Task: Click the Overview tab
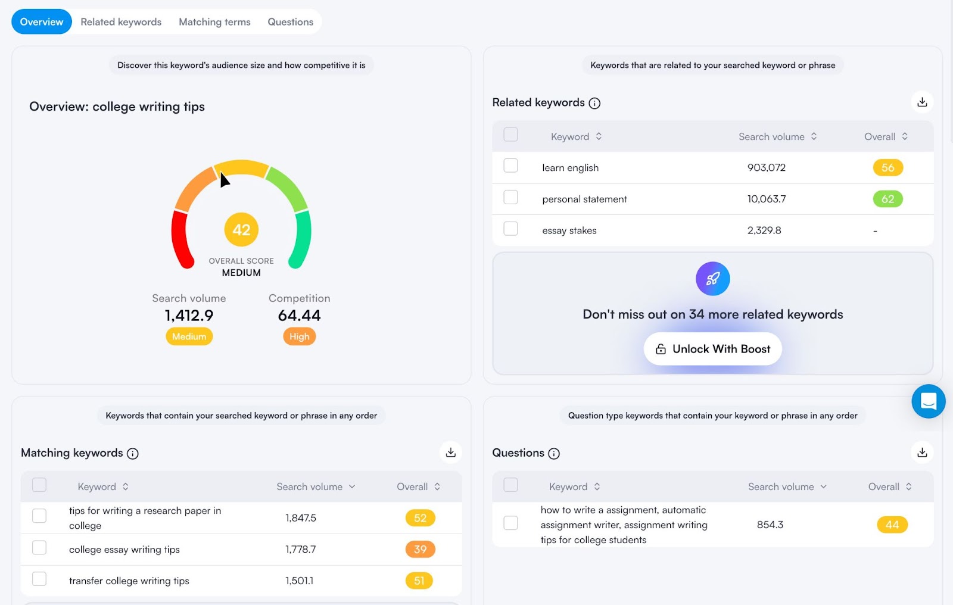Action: click(x=42, y=22)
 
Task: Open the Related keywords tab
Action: click(x=121, y=22)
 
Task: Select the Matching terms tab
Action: click(x=214, y=22)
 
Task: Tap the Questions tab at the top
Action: click(x=290, y=22)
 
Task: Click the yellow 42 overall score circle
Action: click(x=241, y=230)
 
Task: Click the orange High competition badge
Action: click(x=299, y=336)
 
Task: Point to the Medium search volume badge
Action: click(x=189, y=336)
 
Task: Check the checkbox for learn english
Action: click(x=510, y=166)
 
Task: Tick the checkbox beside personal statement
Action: click(x=510, y=197)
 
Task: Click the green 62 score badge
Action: click(x=887, y=199)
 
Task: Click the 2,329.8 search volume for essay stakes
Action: click(x=764, y=230)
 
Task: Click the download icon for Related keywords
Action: click(x=922, y=102)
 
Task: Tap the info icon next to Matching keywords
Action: click(x=133, y=454)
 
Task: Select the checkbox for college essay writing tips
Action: click(x=39, y=548)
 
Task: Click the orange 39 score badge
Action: click(x=420, y=549)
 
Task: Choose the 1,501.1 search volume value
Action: click(x=299, y=581)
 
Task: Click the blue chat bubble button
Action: click(x=928, y=401)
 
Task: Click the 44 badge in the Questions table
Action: click(x=892, y=525)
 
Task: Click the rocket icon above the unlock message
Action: click(x=712, y=279)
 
